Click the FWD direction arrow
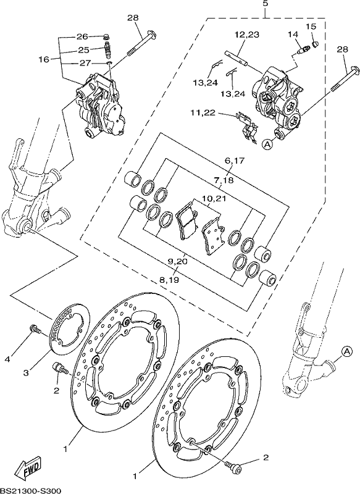point(28,467)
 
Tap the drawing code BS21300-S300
point(30,490)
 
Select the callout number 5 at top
point(265,4)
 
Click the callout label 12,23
point(246,35)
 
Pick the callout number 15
point(311,27)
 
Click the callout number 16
point(44,59)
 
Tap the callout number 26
point(83,36)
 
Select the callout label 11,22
point(203,112)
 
